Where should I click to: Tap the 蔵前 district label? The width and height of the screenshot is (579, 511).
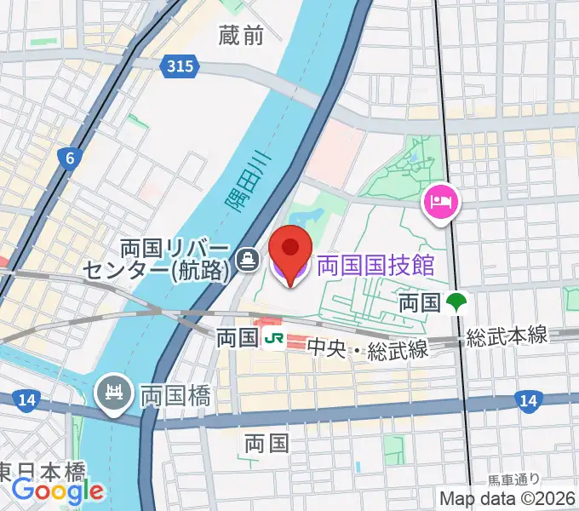[x=241, y=35]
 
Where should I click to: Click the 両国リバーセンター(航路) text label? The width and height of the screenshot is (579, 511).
[x=157, y=259]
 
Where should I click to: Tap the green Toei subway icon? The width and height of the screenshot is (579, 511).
[x=457, y=301]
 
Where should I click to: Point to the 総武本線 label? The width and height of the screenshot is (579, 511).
[x=506, y=337]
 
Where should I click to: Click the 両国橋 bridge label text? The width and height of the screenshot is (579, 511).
[x=175, y=394]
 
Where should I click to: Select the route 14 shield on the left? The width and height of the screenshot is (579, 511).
[x=24, y=399]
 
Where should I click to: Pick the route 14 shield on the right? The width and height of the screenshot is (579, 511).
[x=529, y=399]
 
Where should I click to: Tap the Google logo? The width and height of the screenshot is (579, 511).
[x=58, y=491]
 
